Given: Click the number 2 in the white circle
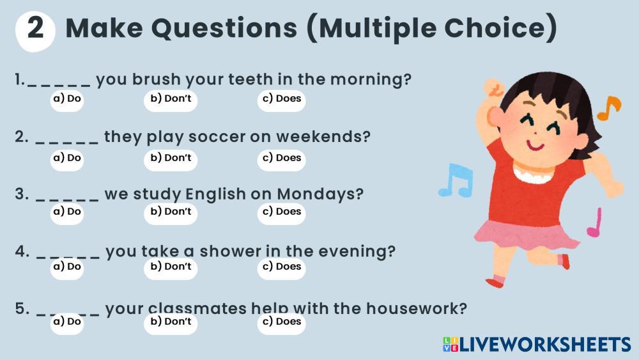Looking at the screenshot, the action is (35, 29).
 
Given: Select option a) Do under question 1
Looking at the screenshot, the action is (67, 100).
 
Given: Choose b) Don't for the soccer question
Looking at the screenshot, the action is (171, 159).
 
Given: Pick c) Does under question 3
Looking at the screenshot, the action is (282, 212).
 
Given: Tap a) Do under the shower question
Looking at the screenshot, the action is (67, 267).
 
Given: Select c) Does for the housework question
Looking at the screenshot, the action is (282, 322).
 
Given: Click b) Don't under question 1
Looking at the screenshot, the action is (171, 100).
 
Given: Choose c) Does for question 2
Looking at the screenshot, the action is (282, 159).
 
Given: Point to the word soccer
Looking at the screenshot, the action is (217, 137).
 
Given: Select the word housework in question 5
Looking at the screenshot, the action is (416, 309).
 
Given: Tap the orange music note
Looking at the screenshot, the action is (609, 108).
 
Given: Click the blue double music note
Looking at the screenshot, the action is (456, 180).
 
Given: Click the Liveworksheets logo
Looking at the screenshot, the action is (536, 345).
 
